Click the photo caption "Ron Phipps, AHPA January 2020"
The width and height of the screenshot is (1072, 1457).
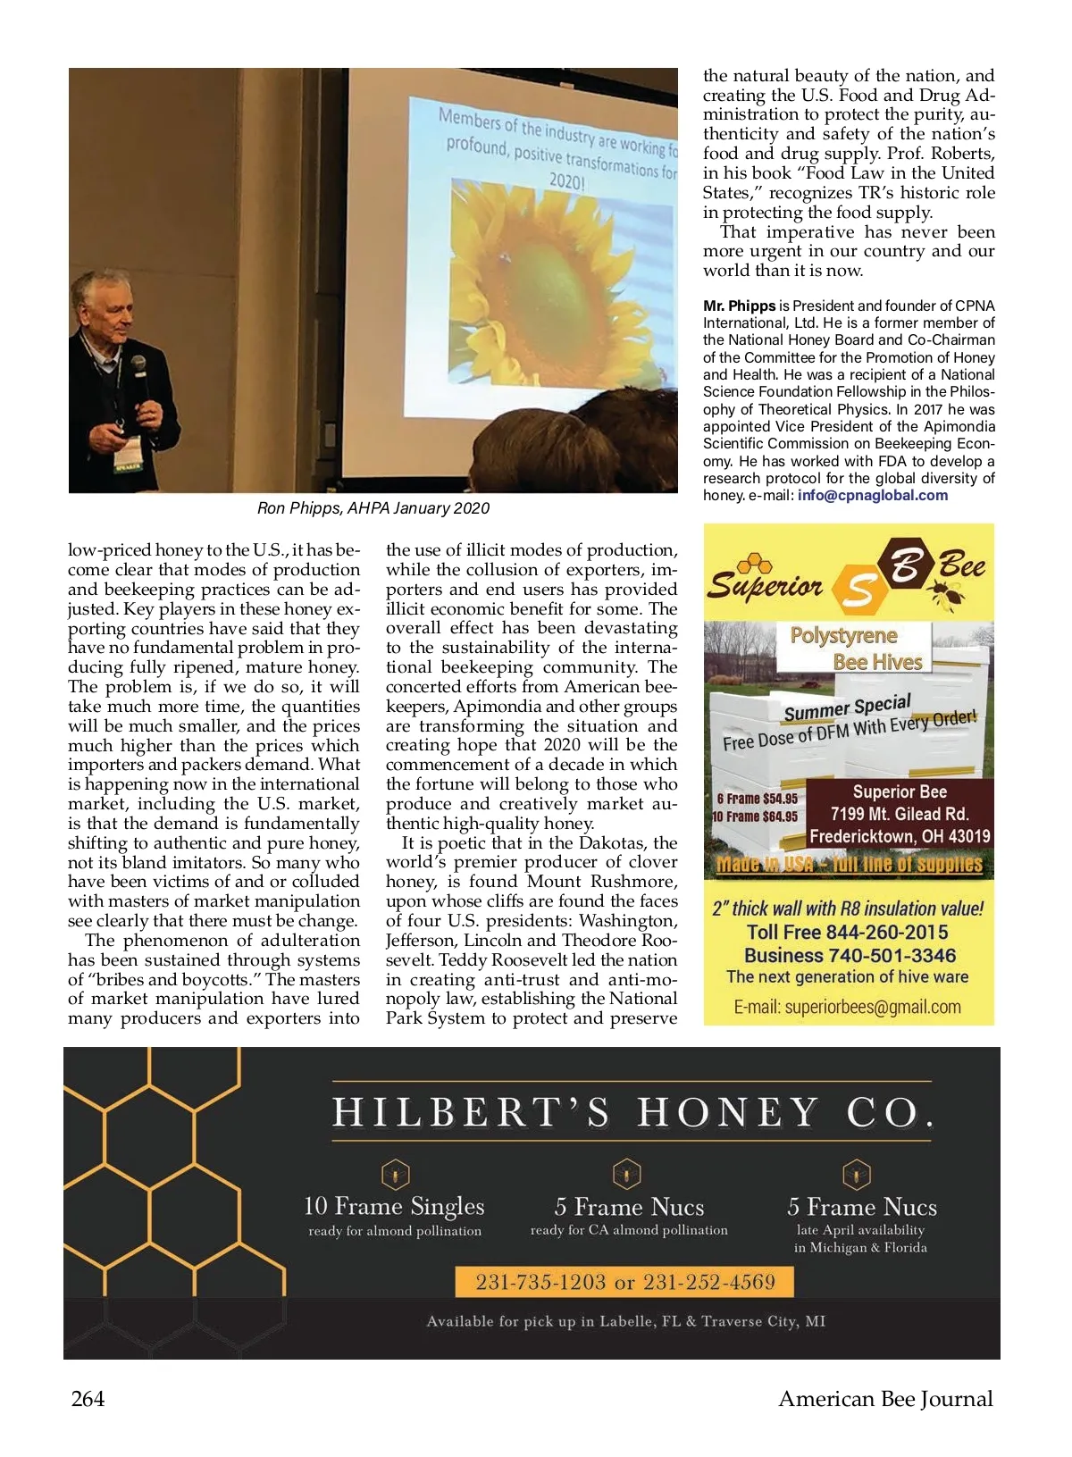point(373,508)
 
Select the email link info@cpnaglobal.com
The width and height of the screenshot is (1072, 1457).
point(872,496)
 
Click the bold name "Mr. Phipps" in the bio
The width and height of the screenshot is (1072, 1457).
point(739,306)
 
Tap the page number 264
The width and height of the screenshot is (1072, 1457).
point(88,1399)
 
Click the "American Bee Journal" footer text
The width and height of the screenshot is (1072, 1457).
point(885,1399)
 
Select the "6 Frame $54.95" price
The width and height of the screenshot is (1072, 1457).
point(757,799)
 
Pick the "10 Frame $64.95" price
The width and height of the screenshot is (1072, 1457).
point(755,816)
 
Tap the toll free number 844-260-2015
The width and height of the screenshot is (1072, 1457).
point(847,933)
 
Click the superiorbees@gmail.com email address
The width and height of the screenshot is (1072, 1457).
point(847,1008)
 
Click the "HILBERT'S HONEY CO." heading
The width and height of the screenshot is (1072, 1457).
point(632,1113)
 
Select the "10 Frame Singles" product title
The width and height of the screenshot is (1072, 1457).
point(394,1207)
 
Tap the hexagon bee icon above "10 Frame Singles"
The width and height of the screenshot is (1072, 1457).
point(395,1174)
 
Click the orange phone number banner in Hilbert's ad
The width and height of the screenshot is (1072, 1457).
point(624,1283)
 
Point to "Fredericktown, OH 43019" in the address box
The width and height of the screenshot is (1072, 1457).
point(900,837)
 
